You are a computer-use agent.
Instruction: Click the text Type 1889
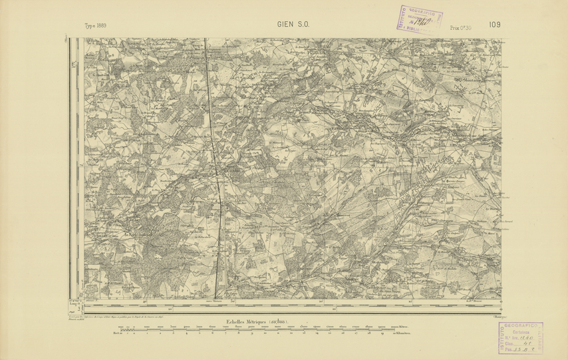click(x=96, y=27)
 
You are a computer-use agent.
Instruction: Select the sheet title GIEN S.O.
click(x=293, y=26)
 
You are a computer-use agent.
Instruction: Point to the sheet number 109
click(x=494, y=25)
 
